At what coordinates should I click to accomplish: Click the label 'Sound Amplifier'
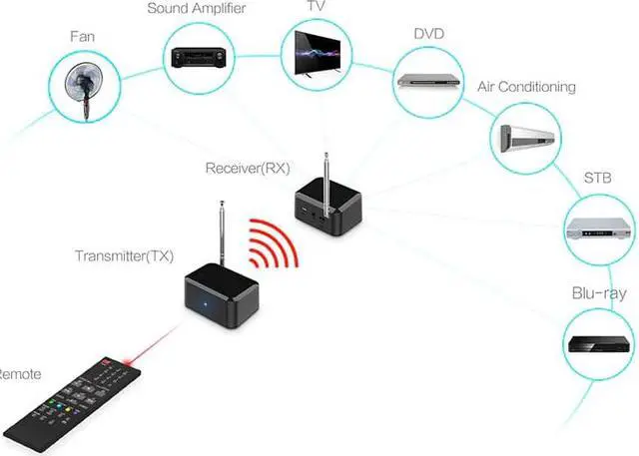coord(196,9)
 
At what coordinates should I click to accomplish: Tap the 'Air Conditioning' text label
coord(526,87)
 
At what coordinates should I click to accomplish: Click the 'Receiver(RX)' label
coord(247,167)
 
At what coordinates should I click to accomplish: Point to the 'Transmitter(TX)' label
coord(125,256)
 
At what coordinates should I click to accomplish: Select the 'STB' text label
coord(598,180)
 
